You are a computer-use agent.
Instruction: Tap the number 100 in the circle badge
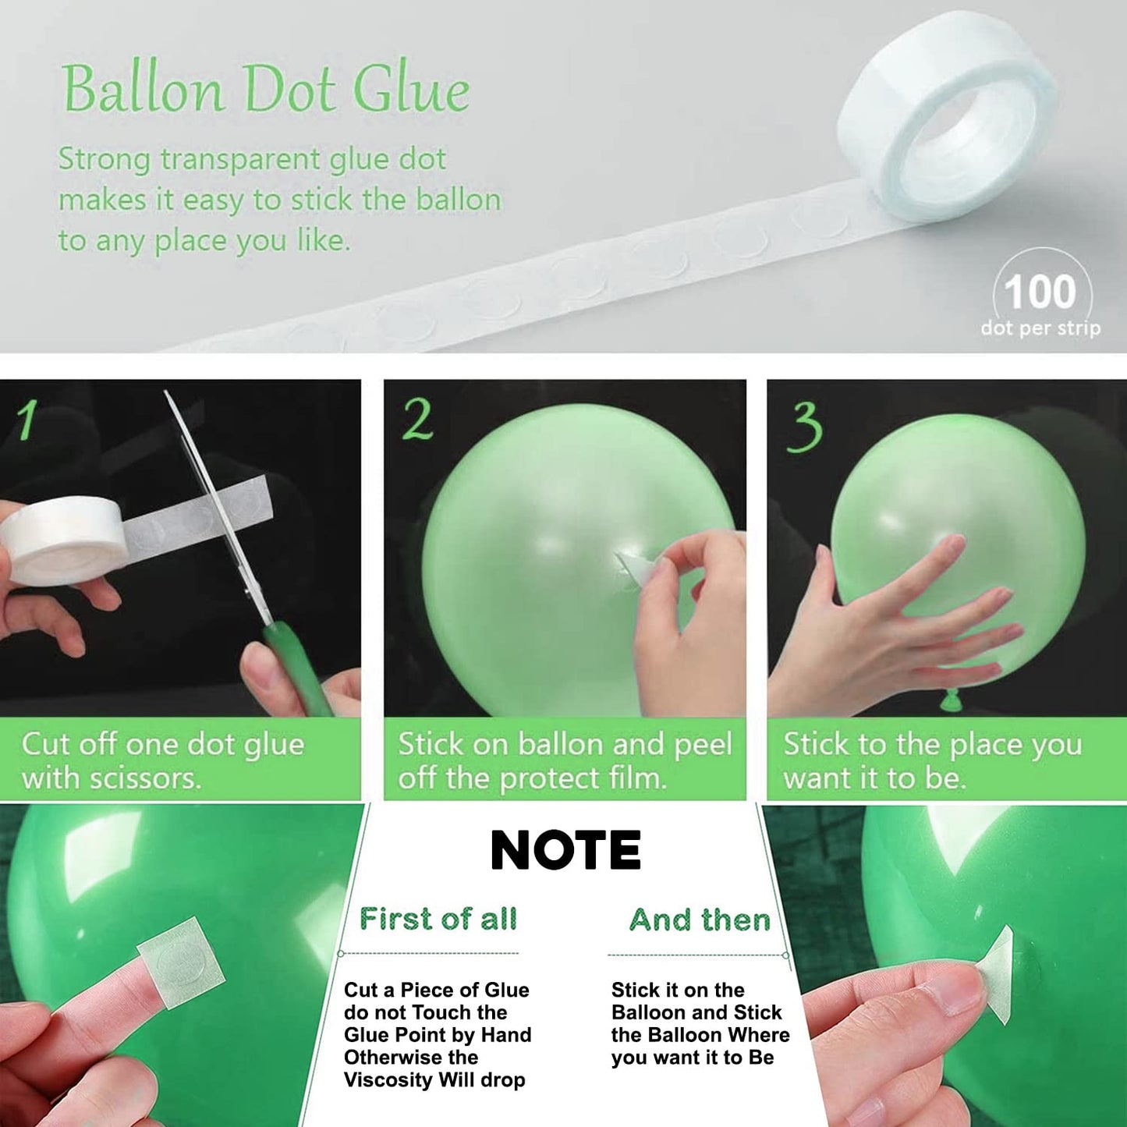click(x=1040, y=292)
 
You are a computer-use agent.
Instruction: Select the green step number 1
click(x=27, y=420)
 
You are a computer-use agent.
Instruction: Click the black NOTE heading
click(x=565, y=850)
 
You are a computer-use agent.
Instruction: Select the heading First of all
click(x=438, y=919)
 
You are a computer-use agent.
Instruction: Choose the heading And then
click(x=700, y=920)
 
